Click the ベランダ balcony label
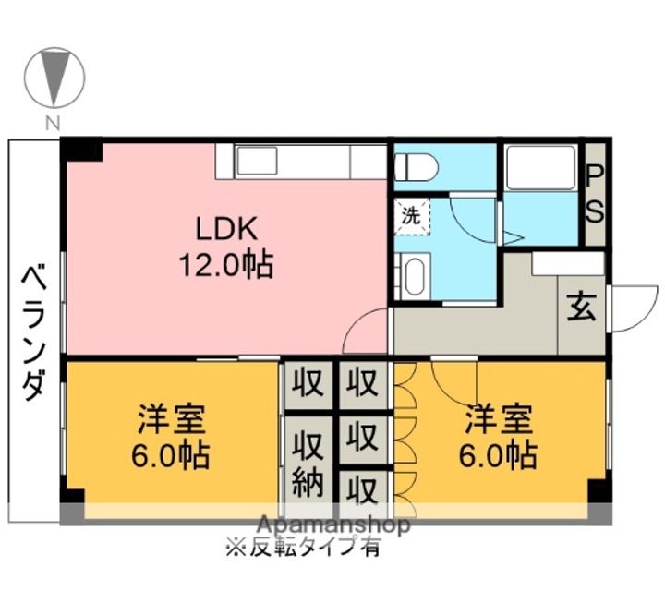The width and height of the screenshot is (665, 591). pyautogui.click(x=34, y=332)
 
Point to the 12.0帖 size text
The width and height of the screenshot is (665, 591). pyautogui.click(x=225, y=266)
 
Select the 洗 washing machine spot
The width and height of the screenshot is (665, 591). pyautogui.click(x=411, y=218)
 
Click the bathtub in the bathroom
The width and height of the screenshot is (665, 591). pyautogui.click(x=540, y=166)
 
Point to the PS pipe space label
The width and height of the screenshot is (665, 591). pyautogui.click(x=596, y=194)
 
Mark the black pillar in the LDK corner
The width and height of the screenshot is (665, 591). pyautogui.click(x=81, y=150)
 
